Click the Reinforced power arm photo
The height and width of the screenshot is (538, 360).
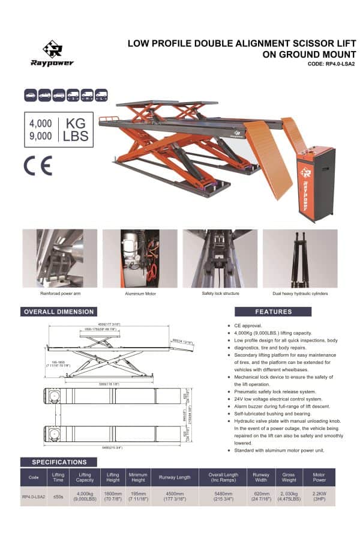[59, 258]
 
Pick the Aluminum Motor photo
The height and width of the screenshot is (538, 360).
[140, 258]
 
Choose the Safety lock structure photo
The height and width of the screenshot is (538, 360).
[220, 258]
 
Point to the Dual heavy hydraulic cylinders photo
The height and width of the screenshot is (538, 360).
[300, 258]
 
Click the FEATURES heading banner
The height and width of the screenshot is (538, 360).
[273, 312]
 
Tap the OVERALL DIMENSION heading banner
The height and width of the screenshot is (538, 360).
[58, 312]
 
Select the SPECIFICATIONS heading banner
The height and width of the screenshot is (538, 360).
[59, 462]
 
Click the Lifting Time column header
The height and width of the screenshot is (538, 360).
[58, 477]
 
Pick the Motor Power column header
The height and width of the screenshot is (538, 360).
[320, 477]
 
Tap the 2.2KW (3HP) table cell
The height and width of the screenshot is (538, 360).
[320, 497]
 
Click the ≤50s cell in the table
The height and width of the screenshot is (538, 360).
[58, 497]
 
